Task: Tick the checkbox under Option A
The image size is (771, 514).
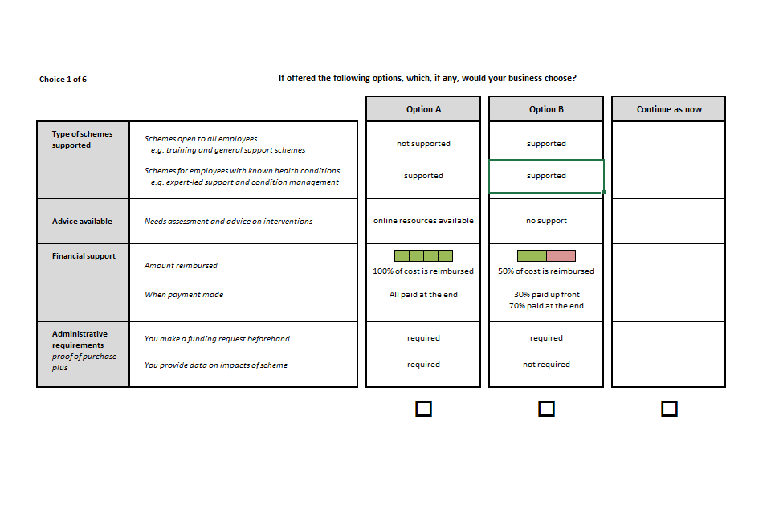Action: tap(423, 409)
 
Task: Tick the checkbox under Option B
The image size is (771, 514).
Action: tap(546, 409)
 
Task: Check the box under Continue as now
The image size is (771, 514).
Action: tap(669, 409)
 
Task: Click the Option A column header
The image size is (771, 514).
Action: tap(423, 109)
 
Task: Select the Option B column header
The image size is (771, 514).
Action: tap(546, 109)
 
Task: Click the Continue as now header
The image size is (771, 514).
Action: tap(669, 109)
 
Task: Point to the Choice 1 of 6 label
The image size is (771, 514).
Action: tap(63, 80)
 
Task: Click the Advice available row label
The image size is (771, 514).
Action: tap(82, 222)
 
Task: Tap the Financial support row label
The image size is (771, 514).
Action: tap(84, 255)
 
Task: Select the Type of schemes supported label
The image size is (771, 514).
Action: tap(82, 139)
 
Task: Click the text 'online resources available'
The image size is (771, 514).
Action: tap(423, 221)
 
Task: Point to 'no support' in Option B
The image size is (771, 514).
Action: tap(546, 221)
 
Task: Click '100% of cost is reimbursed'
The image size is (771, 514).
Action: tap(423, 271)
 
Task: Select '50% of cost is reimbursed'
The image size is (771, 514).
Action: tap(546, 271)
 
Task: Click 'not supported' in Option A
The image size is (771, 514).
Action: tap(423, 144)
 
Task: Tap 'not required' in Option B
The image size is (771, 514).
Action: tap(546, 365)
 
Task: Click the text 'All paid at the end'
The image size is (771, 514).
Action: tap(423, 295)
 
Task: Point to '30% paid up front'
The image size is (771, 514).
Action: tap(547, 295)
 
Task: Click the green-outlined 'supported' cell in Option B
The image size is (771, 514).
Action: tap(546, 176)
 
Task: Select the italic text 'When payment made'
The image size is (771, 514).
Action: tap(184, 295)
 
